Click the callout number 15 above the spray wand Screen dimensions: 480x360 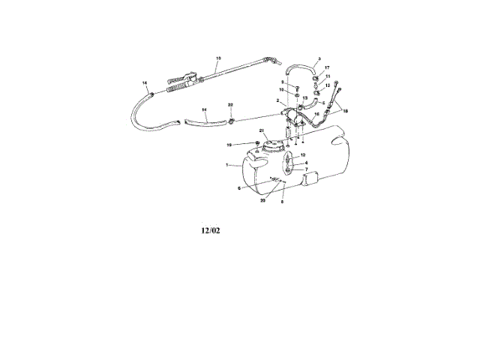(x=218, y=58)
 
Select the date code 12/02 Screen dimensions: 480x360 (x=211, y=231)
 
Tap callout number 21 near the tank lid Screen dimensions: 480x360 (x=262, y=133)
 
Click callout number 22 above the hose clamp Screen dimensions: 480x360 (x=231, y=106)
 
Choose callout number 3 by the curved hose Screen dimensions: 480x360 (x=319, y=58)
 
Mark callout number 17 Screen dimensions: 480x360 (x=327, y=68)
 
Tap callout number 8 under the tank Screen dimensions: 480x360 (x=282, y=202)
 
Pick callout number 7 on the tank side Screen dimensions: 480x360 (x=306, y=169)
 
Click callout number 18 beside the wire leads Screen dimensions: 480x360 (x=345, y=111)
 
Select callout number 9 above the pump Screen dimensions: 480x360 (x=283, y=82)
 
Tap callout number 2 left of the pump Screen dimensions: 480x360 (x=277, y=101)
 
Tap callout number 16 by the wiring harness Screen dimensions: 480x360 (x=316, y=114)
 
